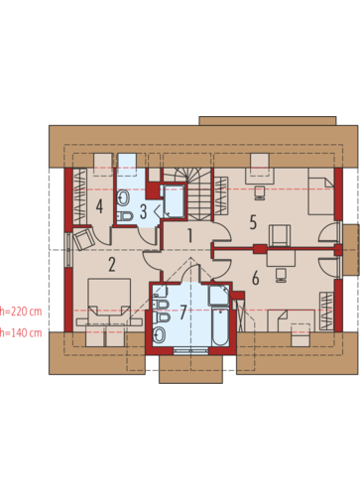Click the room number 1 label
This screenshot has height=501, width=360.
pyautogui.click(x=189, y=236)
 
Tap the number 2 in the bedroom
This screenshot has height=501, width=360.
pyautogui.click(x=112, y=265)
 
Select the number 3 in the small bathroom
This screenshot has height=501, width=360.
pyautogui.click(x=143, y=211)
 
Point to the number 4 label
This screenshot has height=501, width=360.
pyautogui.click(x=99, y=206)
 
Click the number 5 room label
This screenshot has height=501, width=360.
pyautogui.click(x=253, y=222)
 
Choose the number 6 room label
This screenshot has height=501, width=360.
pyautogui.click(x=255, y=278)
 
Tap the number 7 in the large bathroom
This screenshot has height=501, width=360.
pyautogui.click(x=183, y=313)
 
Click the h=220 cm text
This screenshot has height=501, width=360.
pyautogui.click(x=21, y=312)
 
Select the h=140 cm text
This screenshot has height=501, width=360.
pyautogui.click(x=21, y=332)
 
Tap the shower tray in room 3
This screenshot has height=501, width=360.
pyautogui.click(x=173, y=201)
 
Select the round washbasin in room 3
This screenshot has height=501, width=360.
pyautogui.click(x=124, y=198)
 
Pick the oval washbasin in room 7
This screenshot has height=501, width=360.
pyautogui.click(x=160, y=335)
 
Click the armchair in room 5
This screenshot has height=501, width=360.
pyautogui.click(x=280, y=235)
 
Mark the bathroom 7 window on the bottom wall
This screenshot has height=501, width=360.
pyautogui.click(x=190, y=351)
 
